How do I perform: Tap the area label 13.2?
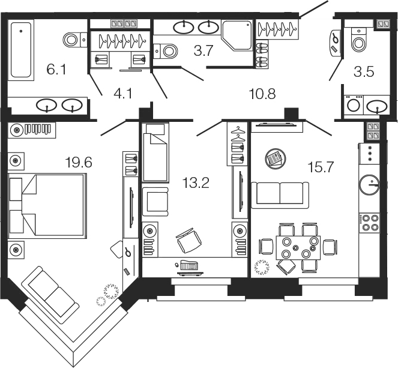click(x=197, y=184)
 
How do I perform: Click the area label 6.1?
click(x=56, y=70)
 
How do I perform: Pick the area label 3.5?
click(x=364, y=73)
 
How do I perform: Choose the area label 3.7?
click(x=204, y=51)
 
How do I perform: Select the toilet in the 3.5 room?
click(x=358, y=40)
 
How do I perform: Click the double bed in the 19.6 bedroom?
click(x=48, y=205)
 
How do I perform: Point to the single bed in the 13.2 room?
click(x=156, y=152)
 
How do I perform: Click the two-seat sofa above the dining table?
click(x=280, y=194)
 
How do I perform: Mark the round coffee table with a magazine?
click(x=276, y=158)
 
